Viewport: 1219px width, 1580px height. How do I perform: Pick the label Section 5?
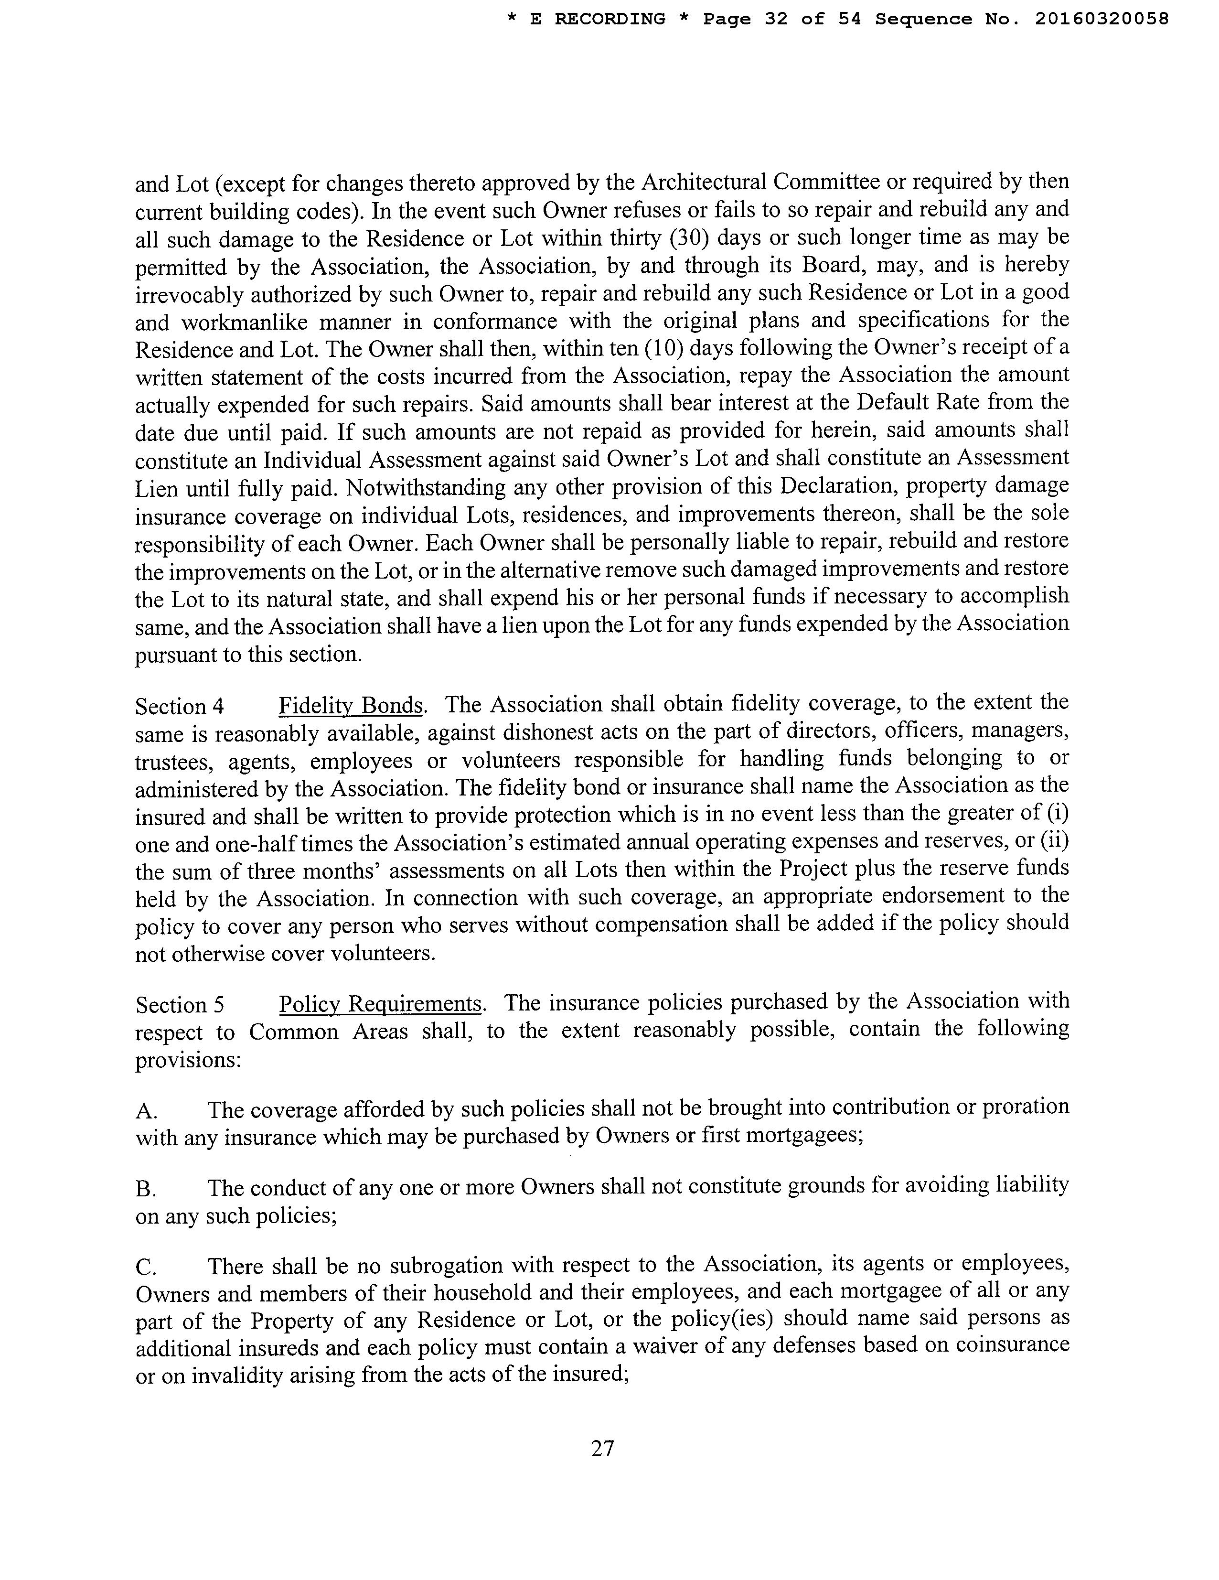180,1006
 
